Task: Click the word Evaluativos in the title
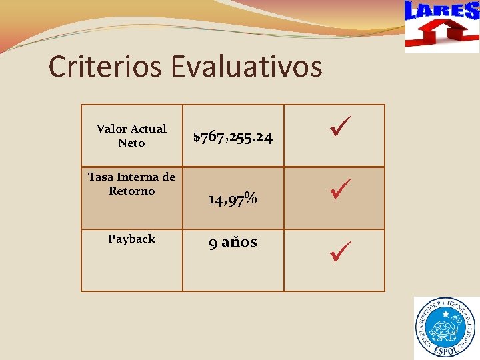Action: pos(247,67)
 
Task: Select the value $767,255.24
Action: pos(233,137)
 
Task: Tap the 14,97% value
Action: pos(233,199)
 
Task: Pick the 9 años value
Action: pos(233,242)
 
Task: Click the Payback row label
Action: pos(131,239)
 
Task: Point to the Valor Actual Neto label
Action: pos(131,135)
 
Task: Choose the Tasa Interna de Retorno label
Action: pos(131,184)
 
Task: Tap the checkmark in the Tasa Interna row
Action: pos(340,188)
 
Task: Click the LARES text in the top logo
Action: pos(441,11)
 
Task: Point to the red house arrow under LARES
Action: pos(441,33)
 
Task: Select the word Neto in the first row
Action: pos(131,143)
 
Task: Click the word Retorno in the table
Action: pos(131,191)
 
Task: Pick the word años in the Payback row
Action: pos(239,242)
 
